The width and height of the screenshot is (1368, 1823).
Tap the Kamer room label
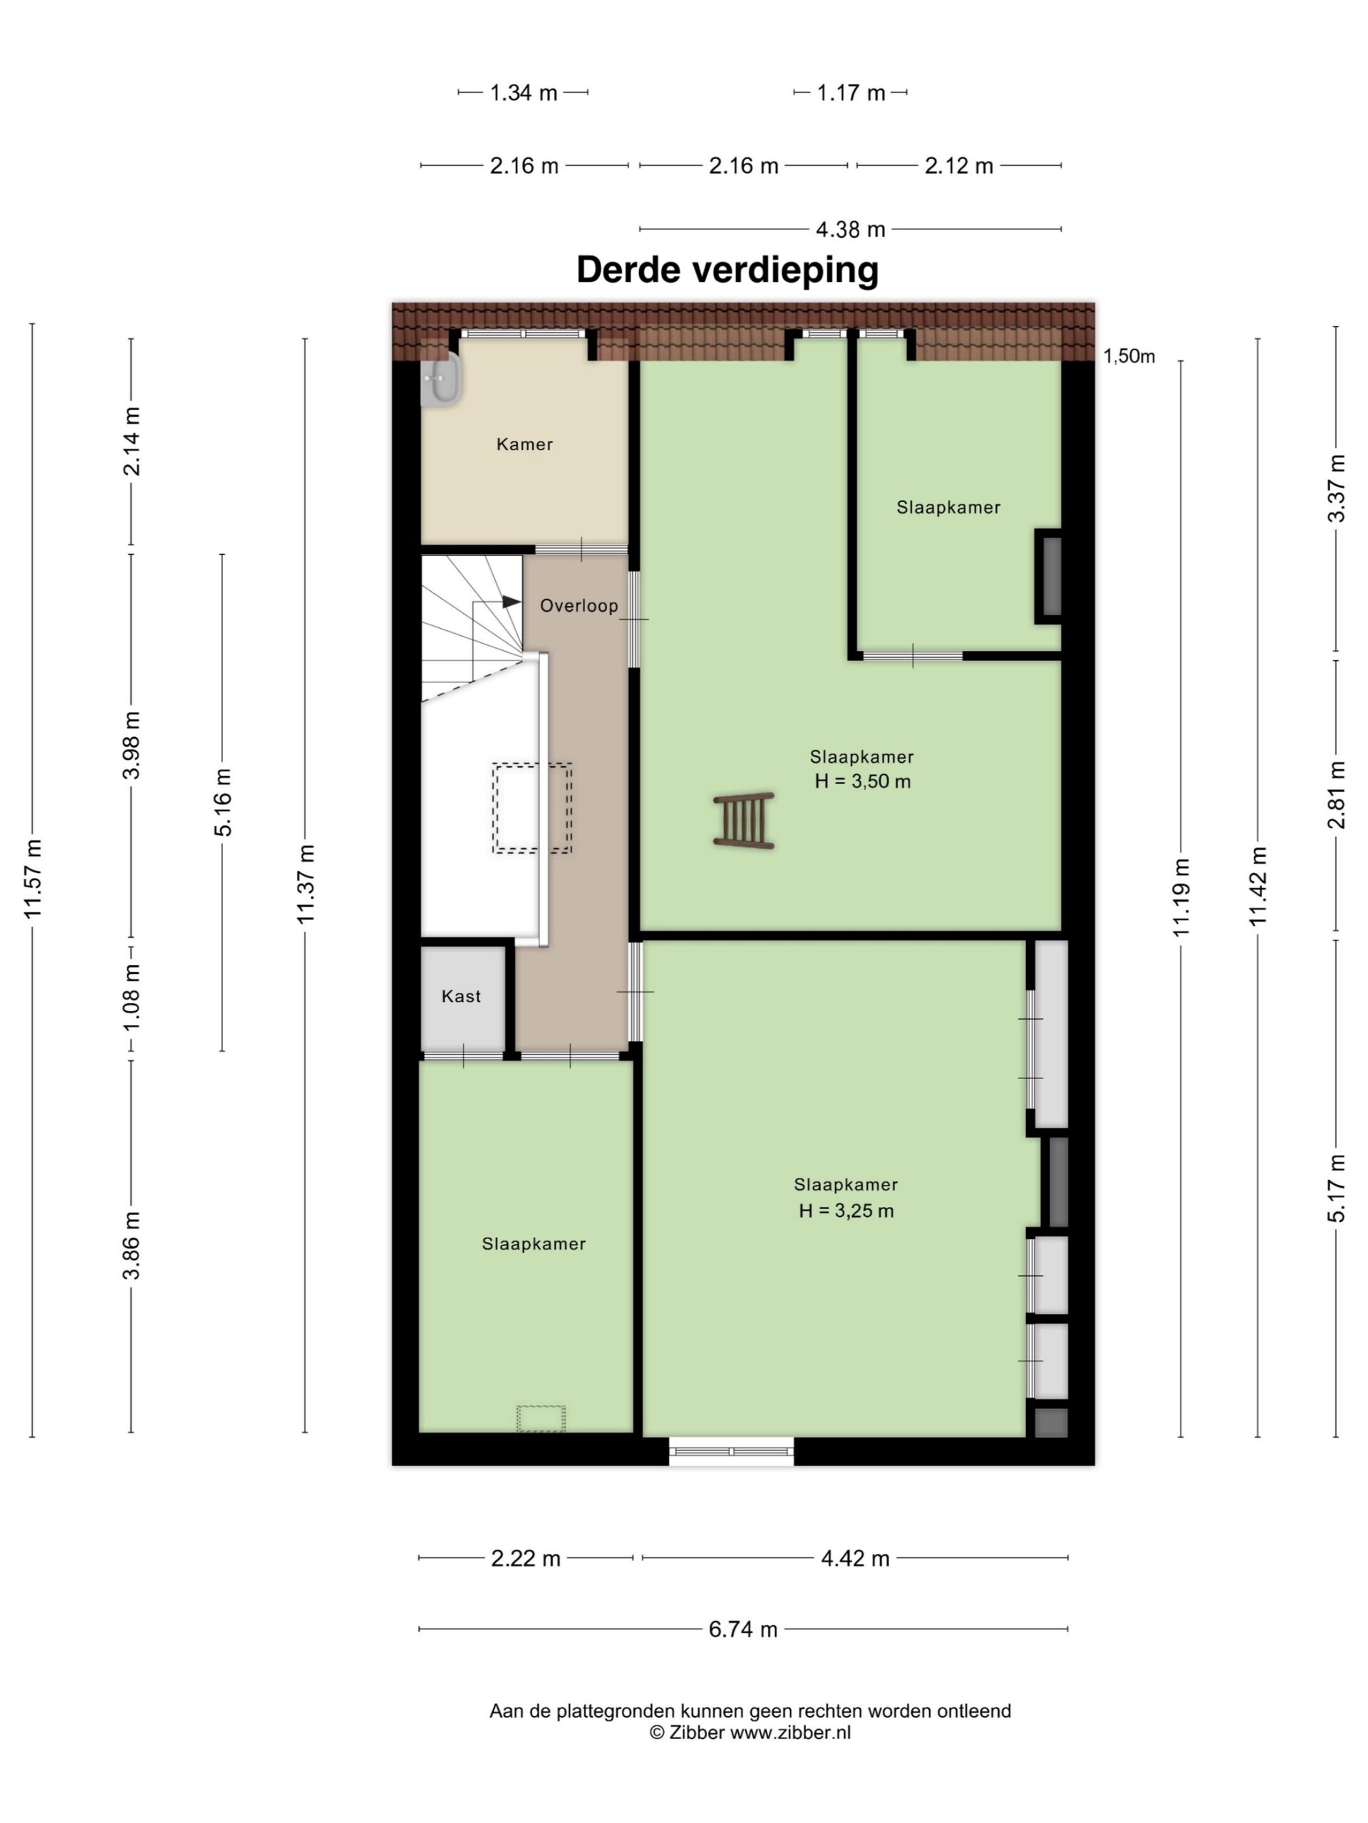(524, 444)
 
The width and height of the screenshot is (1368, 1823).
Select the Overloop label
(579, 606)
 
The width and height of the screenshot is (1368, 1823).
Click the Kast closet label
(461, 996)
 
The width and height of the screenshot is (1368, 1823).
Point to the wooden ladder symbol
(744, 820)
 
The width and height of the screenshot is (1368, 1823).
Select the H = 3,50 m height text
(863, 781)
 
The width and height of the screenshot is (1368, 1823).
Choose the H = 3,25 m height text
(846, 1211)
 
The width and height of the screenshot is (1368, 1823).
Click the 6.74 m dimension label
(743, 1629)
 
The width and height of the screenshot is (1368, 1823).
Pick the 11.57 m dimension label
(33, 879)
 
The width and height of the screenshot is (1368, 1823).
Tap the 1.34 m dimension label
(524, 93)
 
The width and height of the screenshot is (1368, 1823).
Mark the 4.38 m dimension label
(850, 229)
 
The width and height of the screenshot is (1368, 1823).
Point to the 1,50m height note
(1129, 356)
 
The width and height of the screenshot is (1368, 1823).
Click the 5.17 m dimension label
(1336, 1189)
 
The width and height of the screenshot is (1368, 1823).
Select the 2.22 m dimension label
(526, 1558)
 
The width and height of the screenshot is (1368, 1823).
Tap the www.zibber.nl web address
(790, 1733)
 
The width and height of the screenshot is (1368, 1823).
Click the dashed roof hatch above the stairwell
(532, 808)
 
